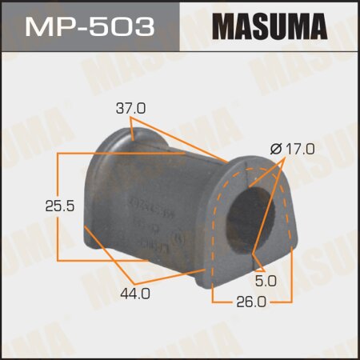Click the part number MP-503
pos(90,28)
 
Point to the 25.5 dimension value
pos(38,206)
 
